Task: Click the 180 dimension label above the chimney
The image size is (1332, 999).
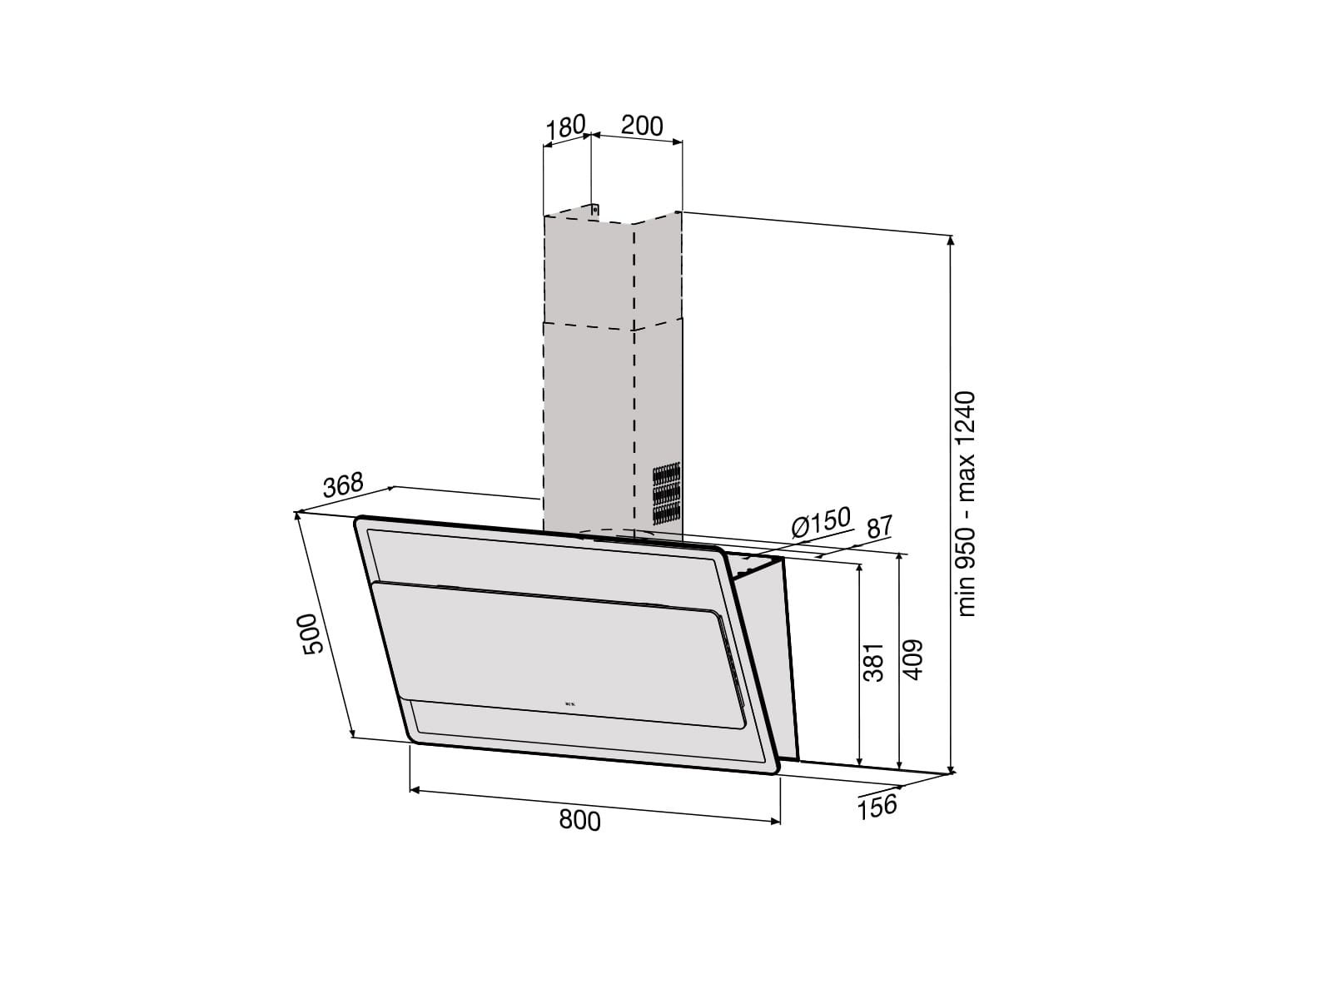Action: tap(565, 127)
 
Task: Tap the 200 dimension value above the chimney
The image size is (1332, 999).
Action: tap(642, 126)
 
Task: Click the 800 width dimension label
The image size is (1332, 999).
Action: tap(579, 820)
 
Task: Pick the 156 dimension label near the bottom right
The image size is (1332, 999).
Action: tap(877, 807)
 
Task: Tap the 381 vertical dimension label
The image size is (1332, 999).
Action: tap(874, 663)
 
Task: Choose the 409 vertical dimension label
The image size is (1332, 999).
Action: tap(912, 659)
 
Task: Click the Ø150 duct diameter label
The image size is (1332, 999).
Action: tap(821, 522)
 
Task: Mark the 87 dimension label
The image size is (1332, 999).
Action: tap(880, 526)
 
